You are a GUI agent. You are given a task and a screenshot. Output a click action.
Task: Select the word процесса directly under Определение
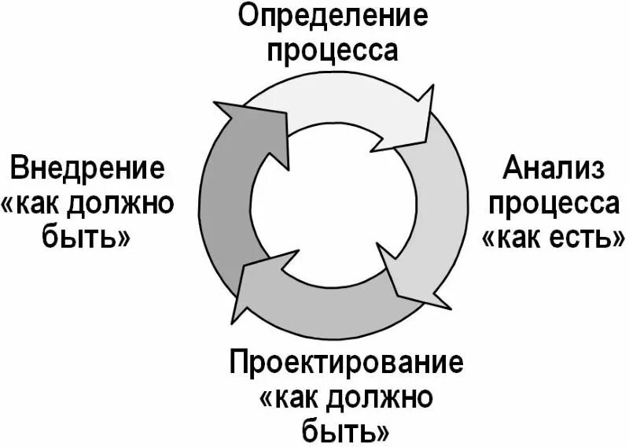coord(333,50)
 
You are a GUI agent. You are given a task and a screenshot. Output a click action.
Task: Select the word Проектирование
coord(347,363)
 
